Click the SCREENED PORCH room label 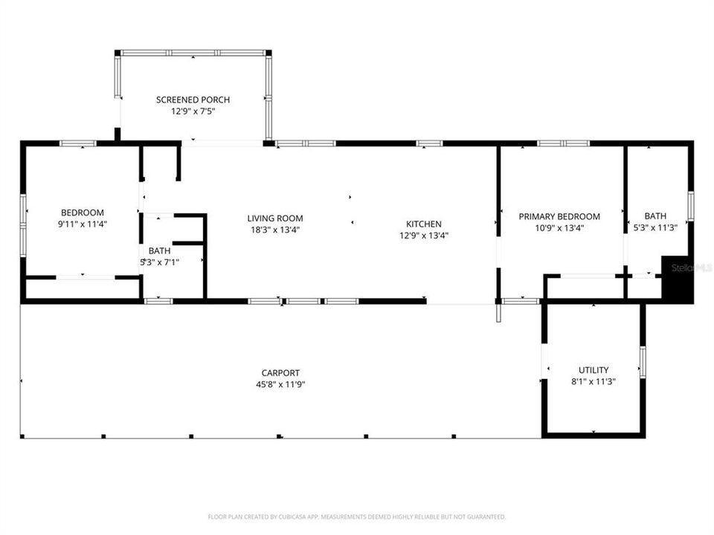click(193, 100)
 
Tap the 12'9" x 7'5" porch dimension click(193, 111)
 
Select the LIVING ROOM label click(275, 218)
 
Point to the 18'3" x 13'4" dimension click(275, 230)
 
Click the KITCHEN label click(424, 224)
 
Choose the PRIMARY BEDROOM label click(559, 216)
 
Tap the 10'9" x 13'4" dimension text click(559, 228)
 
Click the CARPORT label click(280, 373)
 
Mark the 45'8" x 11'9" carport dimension click(280, 384)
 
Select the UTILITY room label click(594, 370)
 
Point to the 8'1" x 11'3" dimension click(594, 381)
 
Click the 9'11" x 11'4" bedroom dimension click(83, 224)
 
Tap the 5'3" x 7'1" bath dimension click(159, 262)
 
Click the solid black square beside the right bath click(678, 280)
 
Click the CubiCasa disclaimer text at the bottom click(357, 516)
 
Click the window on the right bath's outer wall click(690, 206)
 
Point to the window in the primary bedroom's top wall click(564, 143)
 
